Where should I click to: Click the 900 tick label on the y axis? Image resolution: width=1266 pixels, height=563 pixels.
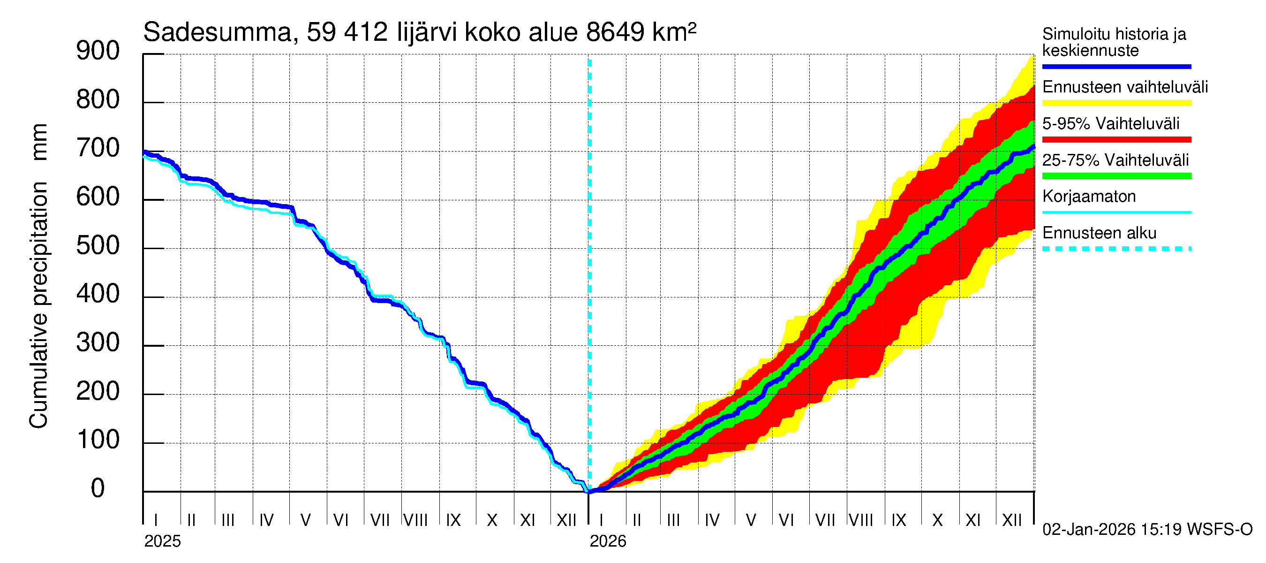point(98,51)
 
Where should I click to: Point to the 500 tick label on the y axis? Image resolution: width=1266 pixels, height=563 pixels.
point(98,246)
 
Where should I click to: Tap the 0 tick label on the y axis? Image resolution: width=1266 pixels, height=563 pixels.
point(98,489)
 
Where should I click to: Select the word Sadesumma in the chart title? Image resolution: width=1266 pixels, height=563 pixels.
point(217,32)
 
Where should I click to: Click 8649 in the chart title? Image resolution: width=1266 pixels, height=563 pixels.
point(614,32)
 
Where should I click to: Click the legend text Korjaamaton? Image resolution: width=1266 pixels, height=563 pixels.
point(1089,197)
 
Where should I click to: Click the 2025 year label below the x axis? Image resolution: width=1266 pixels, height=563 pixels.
point(162,541)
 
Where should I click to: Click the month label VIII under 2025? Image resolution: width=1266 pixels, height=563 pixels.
point(415,520)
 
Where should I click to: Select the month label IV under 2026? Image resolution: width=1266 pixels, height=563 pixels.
point(712,520)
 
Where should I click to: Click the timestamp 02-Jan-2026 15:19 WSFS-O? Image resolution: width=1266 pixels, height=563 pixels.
point(1147,530)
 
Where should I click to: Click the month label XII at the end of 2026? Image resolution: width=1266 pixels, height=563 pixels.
point(1011,520)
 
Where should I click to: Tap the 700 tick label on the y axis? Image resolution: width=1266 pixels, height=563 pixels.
point(98,149)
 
